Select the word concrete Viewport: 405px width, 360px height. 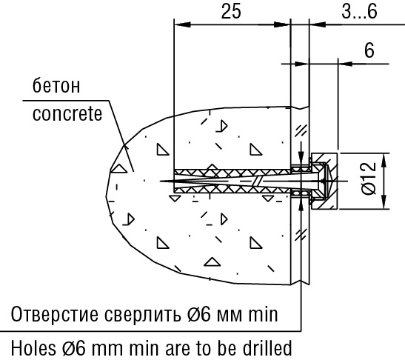pos(67,116)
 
